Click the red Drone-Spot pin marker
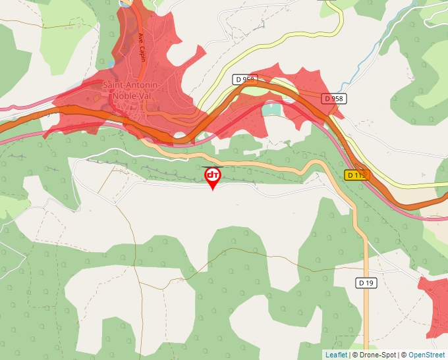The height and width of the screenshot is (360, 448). tap(213, 176)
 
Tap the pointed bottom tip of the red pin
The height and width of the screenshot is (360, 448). tap(213, 190)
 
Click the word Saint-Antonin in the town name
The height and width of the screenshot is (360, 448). tap(132, 85)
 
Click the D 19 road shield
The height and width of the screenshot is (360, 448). tap(366, 282)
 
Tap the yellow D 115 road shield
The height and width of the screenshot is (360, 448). tap(355, 175)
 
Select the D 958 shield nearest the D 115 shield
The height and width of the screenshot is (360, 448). tap(334, 98)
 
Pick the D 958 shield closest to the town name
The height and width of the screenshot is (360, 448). tap(244, 80)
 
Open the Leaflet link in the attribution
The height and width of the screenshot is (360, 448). tap(336, 355)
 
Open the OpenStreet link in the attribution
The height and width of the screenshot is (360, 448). tap(427, 355)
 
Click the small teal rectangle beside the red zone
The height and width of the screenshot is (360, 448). tap(271, 109)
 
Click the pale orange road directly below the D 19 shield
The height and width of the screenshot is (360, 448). tap(366, 309)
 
